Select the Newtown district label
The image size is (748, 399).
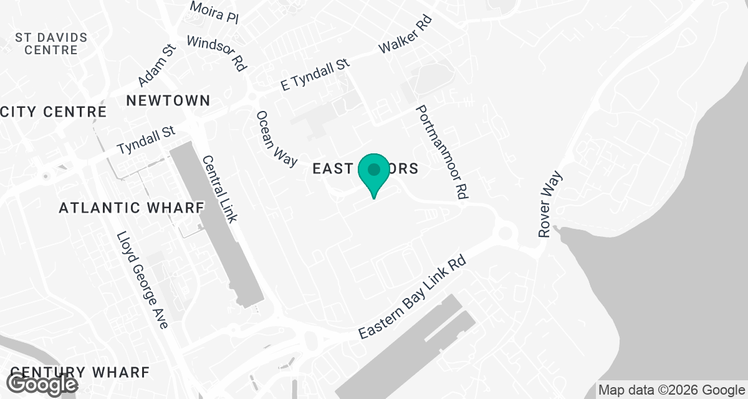click(168, 100)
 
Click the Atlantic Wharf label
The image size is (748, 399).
click(132, 208)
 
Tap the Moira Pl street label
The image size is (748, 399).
click(214, 12)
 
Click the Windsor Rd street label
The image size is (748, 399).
click(216, 53)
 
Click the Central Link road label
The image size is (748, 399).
click(219, 189)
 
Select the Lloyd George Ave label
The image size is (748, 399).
click(143, 281)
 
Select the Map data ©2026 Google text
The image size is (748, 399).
click(671, 390)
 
